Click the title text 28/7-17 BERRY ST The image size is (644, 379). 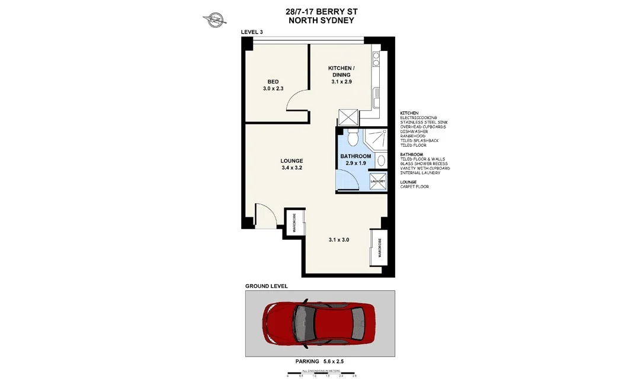[x=321, y=11]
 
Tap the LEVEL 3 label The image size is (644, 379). [x=252, y=31]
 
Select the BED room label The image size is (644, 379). [x=273, y=82]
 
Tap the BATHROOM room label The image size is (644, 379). [x=355, y=156]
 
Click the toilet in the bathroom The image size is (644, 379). [x=352, y=138]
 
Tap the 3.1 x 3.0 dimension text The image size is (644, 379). [x=338, y=240]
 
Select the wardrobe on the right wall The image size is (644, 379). [x=379, y=248]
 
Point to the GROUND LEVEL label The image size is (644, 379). [x=267, y=286]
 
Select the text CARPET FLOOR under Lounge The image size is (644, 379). [x=414, y=187]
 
